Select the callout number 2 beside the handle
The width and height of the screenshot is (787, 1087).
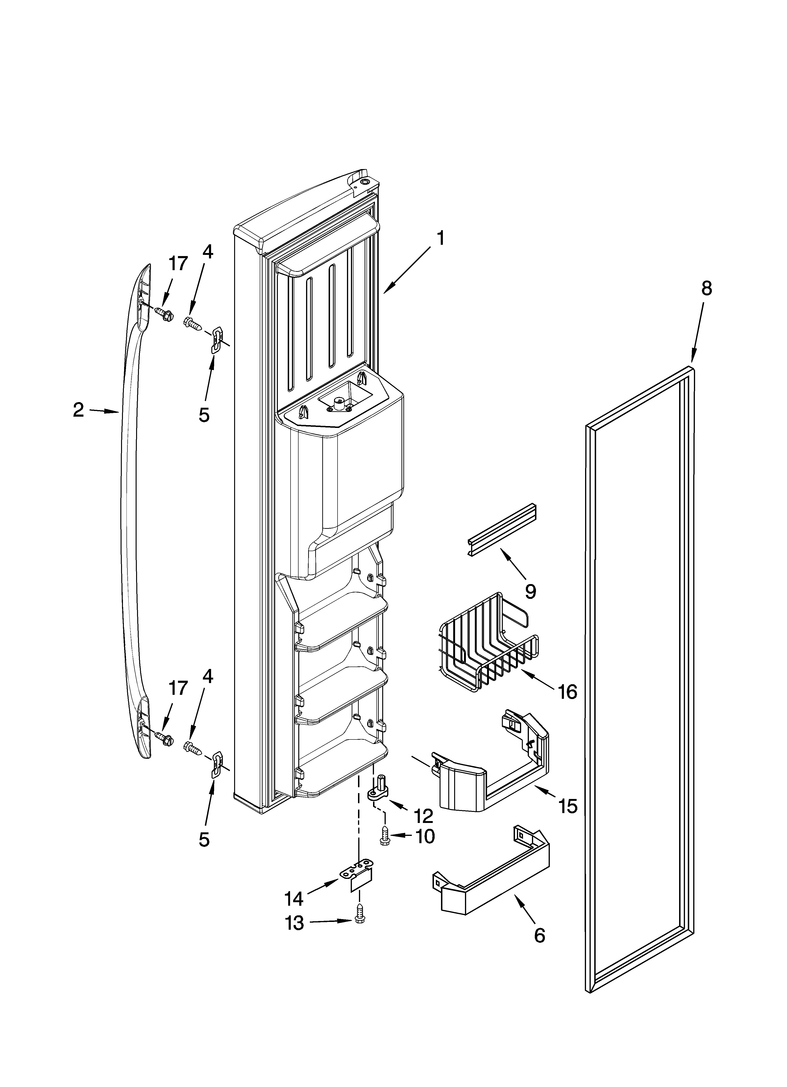pos(78,410)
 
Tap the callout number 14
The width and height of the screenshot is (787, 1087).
pos(294,899)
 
